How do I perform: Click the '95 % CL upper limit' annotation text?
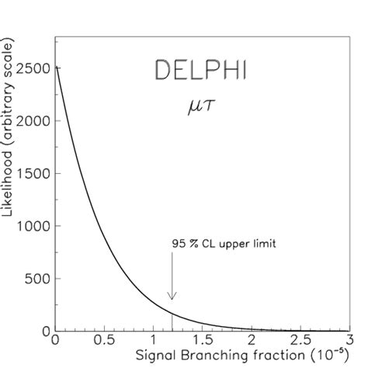pos(224,243)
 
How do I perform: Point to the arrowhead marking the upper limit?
pos(172,296)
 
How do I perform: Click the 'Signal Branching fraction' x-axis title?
pos(222,356)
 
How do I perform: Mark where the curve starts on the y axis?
pos(54,67)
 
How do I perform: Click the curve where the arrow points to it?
pos(172,313)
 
